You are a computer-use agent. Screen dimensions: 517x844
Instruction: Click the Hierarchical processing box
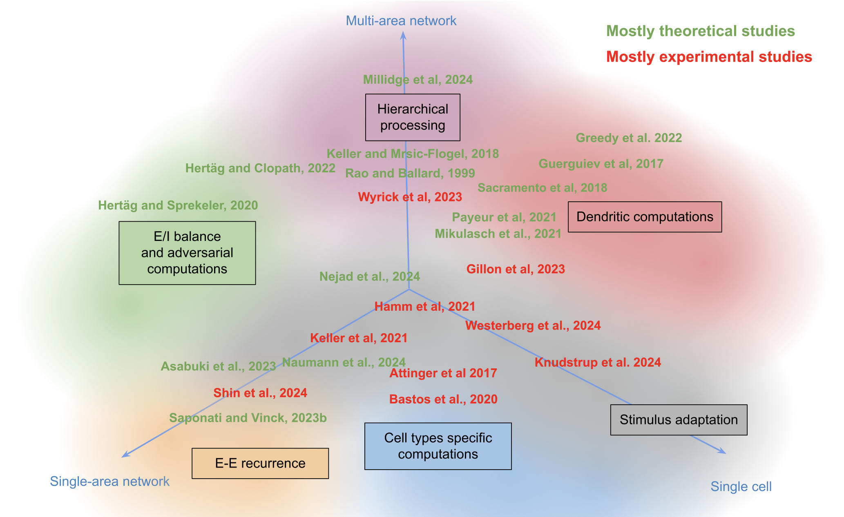tap(413, 117)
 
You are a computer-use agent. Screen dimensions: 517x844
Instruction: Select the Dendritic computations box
tap(645, 217)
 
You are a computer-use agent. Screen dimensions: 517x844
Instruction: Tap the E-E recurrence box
tap(260, 464)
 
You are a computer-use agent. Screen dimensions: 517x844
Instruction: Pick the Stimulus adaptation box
tap(679, 420)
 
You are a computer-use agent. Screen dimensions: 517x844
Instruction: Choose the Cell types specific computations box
tap(438, 446)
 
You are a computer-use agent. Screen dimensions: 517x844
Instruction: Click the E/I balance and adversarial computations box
tap(187, 253)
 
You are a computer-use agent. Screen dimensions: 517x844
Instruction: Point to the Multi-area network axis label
tap(401, 21)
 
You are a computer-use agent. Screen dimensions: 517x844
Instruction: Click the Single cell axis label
tap(741, 487)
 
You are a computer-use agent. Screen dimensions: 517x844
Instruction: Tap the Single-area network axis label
tap(109, 481)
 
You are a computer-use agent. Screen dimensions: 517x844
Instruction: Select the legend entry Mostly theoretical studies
tap(700, 31)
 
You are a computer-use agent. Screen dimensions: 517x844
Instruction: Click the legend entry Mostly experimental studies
tap(709, 57)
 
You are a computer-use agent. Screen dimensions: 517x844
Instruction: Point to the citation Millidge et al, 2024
tap(418, 80)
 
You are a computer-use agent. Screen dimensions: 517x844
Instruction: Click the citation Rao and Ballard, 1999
tap(410, 173)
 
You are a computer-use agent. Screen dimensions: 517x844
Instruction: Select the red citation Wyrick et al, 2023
tap(410, 197)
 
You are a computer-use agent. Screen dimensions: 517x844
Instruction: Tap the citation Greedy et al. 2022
tap(629, 138)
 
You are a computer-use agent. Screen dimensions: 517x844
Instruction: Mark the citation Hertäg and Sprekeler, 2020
tap(178, 205)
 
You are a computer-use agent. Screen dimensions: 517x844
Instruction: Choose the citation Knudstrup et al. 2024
tap(598, 362)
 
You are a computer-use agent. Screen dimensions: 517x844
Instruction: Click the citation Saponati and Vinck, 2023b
tap(248, 418)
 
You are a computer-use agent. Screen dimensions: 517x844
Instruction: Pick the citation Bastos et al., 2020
tap(443, 399)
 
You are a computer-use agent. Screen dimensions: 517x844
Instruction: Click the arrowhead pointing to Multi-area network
tap(403, 36)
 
